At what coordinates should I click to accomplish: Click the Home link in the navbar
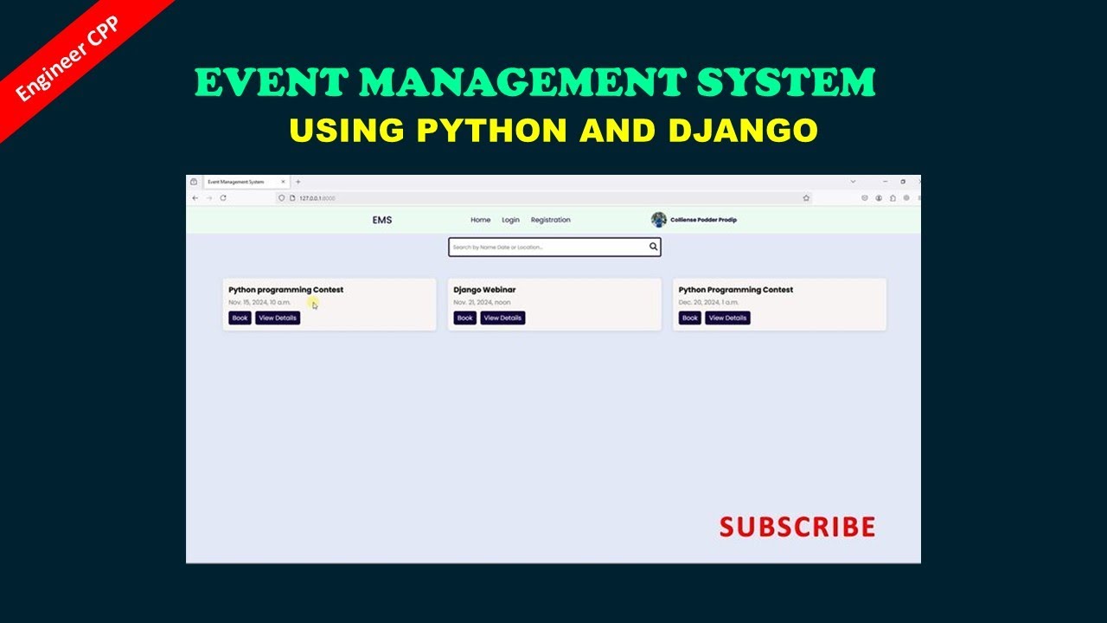coord(480,220)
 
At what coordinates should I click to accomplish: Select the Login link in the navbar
coord(510,220)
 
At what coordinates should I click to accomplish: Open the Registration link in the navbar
coord(550,220)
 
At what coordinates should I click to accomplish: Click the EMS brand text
coord(382,220)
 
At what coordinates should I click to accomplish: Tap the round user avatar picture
coord(659,220)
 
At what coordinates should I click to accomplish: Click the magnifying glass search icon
coord(654,247)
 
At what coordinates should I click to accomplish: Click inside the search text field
coord(545,247)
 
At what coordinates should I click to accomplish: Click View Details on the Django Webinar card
coord(502,318)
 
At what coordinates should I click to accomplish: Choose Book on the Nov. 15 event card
coord(240,318)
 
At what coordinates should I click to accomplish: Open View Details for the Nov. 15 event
coord(278,318)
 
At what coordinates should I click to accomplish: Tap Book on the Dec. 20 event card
coord(689,318)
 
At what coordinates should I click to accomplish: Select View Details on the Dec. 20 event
coord(727,318)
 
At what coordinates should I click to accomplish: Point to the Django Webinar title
coord(484,290)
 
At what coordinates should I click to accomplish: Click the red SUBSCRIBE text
coord(797,527)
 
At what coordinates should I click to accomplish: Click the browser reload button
coord(223,198)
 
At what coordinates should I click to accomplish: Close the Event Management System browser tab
coord(283,182)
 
